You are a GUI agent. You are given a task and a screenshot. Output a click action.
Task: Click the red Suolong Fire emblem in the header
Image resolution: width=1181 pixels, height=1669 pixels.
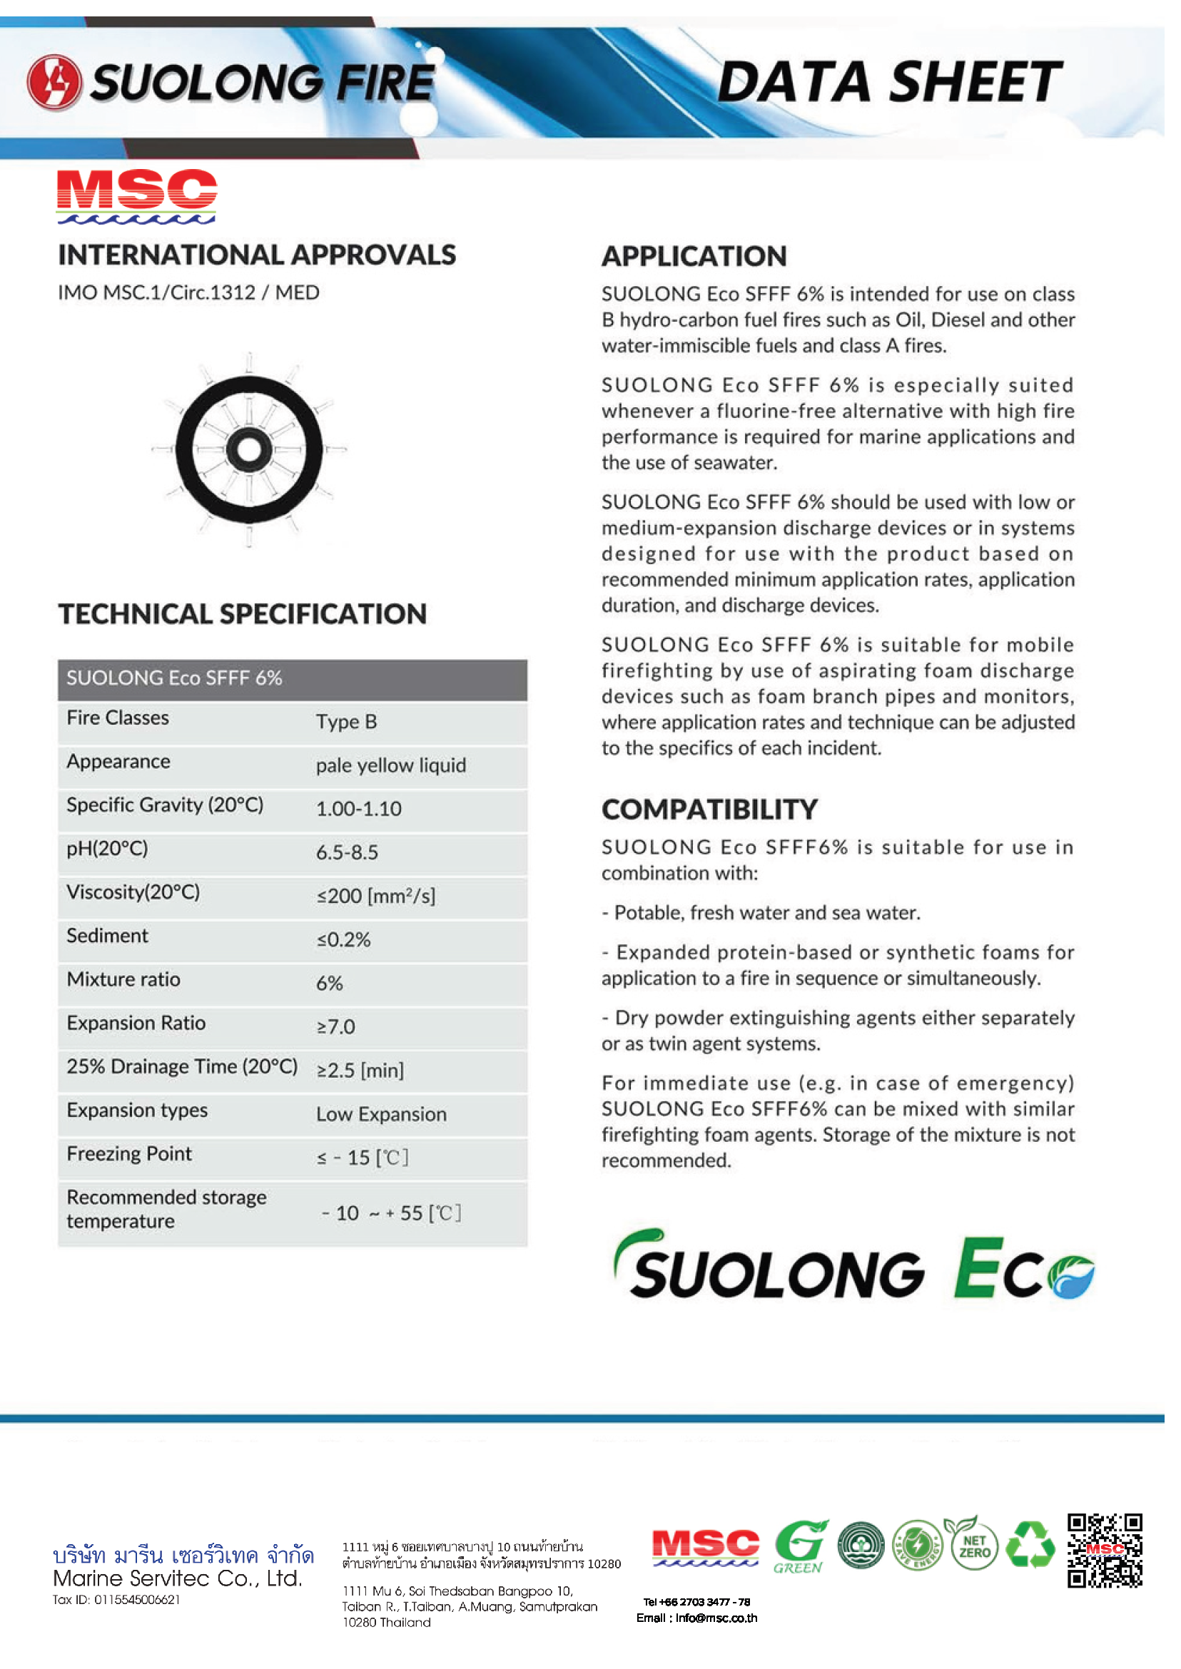(54, 82)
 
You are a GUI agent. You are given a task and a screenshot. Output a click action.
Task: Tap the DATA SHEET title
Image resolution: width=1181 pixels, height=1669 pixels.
(888, 81)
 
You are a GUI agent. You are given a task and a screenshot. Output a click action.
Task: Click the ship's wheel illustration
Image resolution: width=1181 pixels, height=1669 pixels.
(249, 449)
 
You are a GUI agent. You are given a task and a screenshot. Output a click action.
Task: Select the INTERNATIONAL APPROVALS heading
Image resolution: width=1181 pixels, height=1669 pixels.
(257, 255)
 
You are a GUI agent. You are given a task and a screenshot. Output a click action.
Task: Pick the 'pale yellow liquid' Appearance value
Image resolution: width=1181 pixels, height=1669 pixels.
(390, 765)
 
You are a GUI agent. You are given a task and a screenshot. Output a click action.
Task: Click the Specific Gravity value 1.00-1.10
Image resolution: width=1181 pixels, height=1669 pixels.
(358, 809)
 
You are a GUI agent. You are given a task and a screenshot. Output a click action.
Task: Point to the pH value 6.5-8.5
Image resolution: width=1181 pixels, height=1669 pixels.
(347, 852)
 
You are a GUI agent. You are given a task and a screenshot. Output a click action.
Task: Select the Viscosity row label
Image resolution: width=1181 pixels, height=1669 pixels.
(133, 893)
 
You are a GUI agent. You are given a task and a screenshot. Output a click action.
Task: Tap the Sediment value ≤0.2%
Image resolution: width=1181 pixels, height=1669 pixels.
(343, 940)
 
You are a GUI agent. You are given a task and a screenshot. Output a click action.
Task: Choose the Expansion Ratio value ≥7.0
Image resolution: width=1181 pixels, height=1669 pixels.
(335, 1027)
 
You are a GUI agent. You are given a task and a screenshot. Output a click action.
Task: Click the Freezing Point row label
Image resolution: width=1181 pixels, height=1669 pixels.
(129, 1154)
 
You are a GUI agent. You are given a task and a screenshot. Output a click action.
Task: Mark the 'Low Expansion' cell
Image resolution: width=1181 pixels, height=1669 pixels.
(381, 1114)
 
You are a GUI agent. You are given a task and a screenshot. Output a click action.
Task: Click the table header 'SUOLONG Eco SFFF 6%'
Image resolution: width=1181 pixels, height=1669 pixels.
(175, 678)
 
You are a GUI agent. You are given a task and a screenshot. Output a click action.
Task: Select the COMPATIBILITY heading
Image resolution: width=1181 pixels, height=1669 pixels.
(709, 810)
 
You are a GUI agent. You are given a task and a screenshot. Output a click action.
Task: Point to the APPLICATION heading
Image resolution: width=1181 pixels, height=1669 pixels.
(694, 257)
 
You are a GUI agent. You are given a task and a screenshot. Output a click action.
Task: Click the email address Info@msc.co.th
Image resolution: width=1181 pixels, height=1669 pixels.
(716, 1618)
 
